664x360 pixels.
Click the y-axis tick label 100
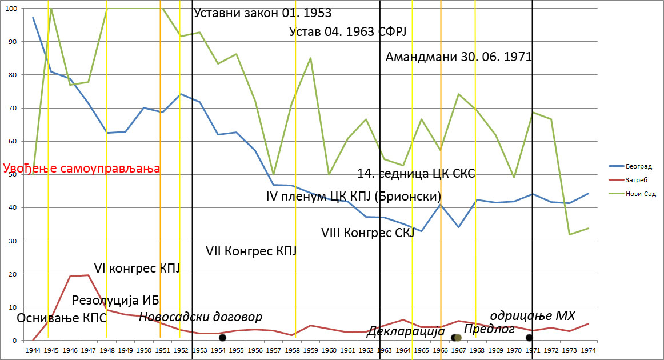click(11, 9)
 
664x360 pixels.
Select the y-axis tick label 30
click(13, 241)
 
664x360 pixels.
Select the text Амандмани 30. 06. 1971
click(459, 57)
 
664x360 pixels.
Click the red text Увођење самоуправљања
click(81, 169)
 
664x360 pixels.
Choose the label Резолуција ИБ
click(115, 301)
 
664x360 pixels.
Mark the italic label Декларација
click(405, 331)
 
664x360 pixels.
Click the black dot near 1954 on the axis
click(222, 338)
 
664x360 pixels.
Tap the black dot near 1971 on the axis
click(529, 338)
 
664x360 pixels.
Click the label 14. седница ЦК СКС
click(416, 173)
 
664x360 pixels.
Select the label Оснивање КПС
click(62, 318)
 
